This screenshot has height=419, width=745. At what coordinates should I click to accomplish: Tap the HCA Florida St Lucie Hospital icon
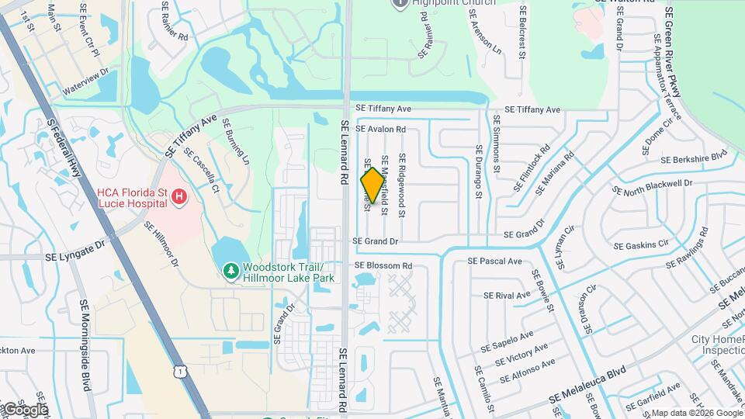click(x=179, y=197)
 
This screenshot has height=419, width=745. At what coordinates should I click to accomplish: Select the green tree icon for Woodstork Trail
click(x=230, y=271)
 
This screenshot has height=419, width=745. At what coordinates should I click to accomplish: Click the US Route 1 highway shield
click(x=180, y=372)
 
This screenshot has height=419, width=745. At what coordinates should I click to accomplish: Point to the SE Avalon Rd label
click(x=380, y=129)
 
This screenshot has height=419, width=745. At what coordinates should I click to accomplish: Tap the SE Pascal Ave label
click(x=494, y=261)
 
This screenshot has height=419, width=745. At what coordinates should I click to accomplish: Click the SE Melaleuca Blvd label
click(x=587, y=384)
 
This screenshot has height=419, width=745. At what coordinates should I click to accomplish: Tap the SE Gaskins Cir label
click(x=641, y=245)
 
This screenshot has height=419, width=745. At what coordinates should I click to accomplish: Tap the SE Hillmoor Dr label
click(x=161, y=244)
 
